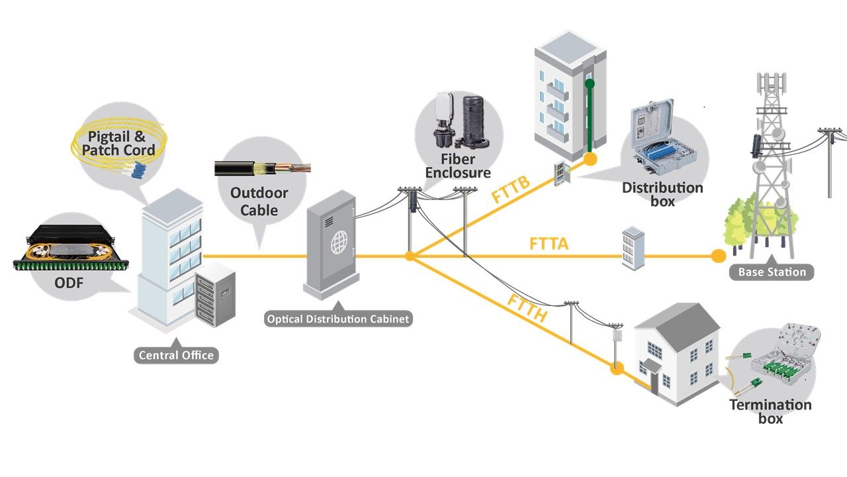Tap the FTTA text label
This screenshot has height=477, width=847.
point(549,244)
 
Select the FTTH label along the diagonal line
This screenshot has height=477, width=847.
point(527,309)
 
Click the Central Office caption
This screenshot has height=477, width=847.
point(176,355)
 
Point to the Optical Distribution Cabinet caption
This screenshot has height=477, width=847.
point(338,319)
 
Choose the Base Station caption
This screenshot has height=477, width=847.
point(772,272)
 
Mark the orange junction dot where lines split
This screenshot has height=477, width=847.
point(410,256)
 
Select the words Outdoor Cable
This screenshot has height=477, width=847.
point(259,201)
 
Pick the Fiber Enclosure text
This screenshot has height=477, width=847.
point(458,166)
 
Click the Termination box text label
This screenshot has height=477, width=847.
point(770,411)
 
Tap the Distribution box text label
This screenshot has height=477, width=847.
point(662,194)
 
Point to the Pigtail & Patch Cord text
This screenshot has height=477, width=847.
point(118,144)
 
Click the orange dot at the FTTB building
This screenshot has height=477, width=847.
point(590,159)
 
